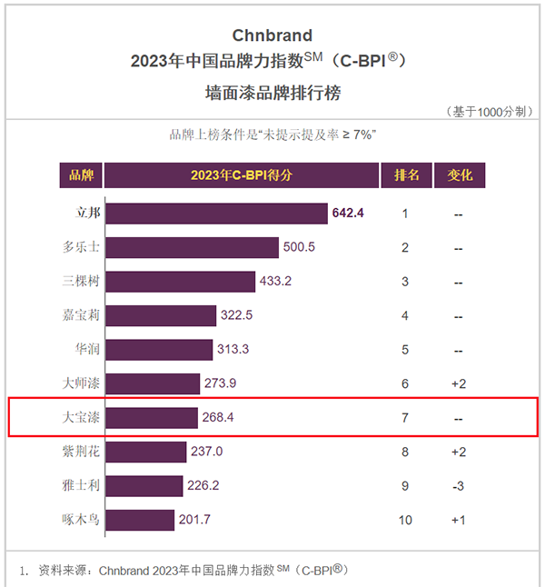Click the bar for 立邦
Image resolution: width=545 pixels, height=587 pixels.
(x=216, y=214)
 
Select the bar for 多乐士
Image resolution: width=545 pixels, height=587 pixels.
(x=192, y=247)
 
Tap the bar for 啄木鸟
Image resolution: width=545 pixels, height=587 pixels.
(x=140, y=520)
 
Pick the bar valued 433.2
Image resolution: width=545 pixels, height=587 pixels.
(x=180, y=282)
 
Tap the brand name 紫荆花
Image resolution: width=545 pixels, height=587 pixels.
(x=81, y=452)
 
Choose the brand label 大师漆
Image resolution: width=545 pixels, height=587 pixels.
(x=81, y=383)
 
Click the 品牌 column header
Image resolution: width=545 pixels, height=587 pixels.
(x=81, y=174)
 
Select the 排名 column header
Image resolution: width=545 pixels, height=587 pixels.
(x=406, y=174)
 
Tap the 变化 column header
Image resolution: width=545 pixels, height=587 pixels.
(x=460, y=174)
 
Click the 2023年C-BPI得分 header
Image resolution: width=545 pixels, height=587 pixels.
(x=242, y=174)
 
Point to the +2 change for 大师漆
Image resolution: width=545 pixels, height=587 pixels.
(x=459, y=384)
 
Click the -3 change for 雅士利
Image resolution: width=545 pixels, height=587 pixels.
(x=459, y=486)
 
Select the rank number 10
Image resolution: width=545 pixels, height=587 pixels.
(x=406, y=520)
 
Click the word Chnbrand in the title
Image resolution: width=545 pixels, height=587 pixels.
(x=272, y=35)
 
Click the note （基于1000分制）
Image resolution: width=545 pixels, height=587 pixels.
(x=489, y=112)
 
